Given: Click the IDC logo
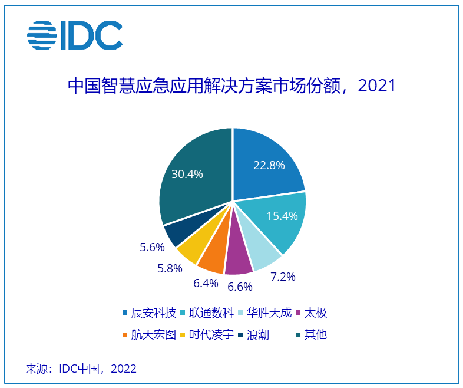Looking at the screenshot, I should coord(74,37).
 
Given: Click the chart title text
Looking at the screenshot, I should coord(231,86).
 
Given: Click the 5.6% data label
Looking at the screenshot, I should coord(152,248).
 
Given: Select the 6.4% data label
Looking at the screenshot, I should coord(206,283).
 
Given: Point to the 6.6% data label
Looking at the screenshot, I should coord(240,287).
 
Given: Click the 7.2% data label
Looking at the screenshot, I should coord(283,276).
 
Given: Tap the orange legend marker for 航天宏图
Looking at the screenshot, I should coord(125,335).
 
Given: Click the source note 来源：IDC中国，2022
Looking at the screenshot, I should coord(81,369).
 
